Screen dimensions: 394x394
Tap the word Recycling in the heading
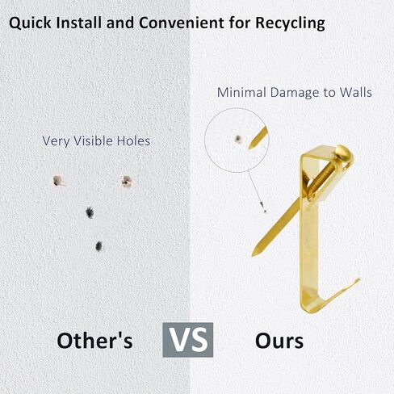[x=290, y=23]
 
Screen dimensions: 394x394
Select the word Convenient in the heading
[x=182, y=23]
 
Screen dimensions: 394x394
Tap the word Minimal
[x=241, y=92]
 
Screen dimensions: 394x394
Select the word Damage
[x=295, y=93]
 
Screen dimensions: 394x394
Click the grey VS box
[x=188, y=340]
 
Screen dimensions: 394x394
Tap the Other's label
[x=95, y=341]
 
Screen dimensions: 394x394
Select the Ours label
[x=279, y=341]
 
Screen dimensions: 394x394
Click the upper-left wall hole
[x=58, y=181]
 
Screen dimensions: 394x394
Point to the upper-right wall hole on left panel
[x=126, y=181]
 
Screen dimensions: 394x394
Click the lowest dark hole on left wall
[x=98, y=246]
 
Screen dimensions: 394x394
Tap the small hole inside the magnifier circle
[x=238, y=139]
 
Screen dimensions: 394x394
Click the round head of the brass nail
[x=344, y=154]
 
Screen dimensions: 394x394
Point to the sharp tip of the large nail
[x=253, y=254]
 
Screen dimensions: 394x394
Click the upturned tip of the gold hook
[x=358, y=280]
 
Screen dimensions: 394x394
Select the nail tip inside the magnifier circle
[x=249, y=147]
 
